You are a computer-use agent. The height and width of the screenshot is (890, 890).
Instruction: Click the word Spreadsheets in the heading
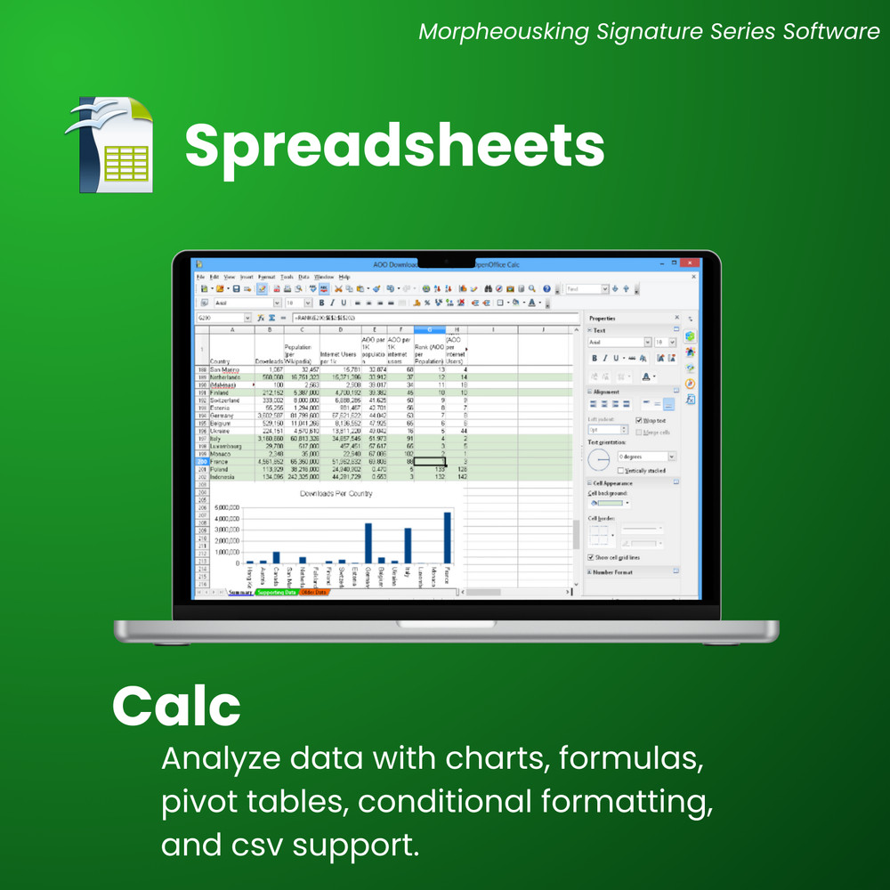click(x=394, y=144)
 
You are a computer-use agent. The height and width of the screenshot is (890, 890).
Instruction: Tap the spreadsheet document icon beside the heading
click(x=110, y=144)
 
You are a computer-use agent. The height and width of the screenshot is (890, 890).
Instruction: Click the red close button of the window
click(x=688, y=263)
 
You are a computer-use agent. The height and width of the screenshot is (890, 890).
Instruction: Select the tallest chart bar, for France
click(x=447, y=538)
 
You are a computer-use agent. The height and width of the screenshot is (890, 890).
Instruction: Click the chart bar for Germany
click(x=368, y=543)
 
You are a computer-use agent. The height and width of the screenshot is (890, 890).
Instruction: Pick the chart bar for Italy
click(x=408, y=546)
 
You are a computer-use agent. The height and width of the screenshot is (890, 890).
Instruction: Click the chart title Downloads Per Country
click(x=336, y=492)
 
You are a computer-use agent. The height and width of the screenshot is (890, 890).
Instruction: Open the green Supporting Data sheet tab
click(x=276, y=592)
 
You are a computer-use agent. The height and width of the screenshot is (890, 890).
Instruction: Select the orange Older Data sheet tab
click(x=313, y=592)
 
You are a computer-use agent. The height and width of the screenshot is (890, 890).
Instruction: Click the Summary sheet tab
click(x=240, y=592)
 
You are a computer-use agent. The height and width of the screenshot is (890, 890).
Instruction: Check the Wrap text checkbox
click(x=639, y=420)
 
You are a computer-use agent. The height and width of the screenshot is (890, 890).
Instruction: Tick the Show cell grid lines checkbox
click(x=591, y=557)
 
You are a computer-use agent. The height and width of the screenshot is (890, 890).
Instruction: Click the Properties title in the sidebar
click(x=603, y=318)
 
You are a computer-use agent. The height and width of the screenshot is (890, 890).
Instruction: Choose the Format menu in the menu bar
click(x=266, y=277)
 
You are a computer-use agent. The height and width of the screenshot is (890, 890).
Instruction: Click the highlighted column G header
click(x=430, y=329)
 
